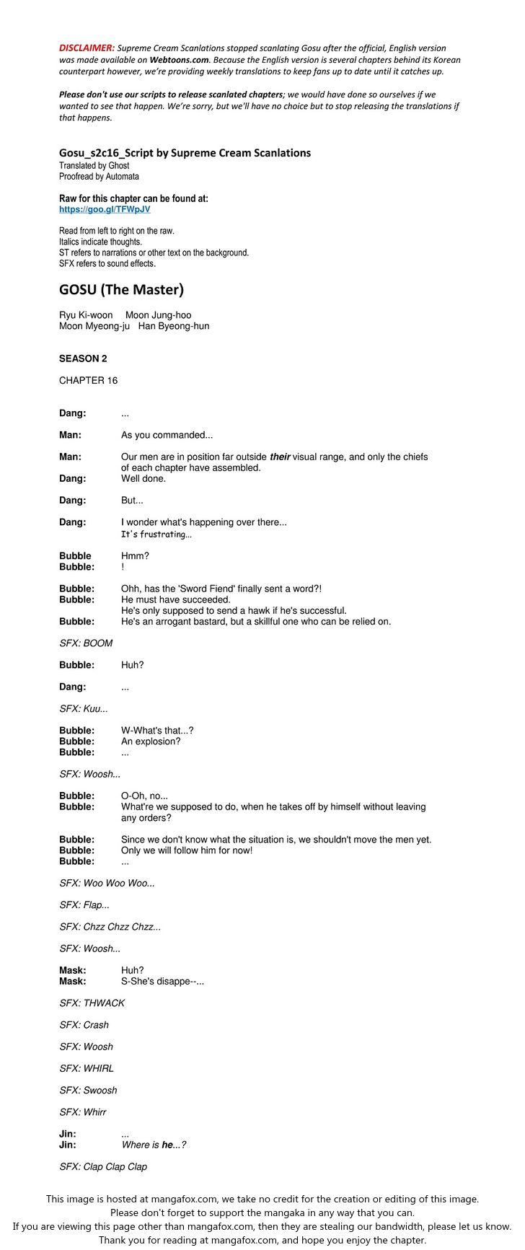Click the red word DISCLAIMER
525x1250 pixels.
87,48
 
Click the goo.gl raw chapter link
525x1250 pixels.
105,209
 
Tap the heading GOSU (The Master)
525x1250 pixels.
121,290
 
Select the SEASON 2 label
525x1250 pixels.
83,358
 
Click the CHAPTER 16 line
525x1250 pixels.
88,380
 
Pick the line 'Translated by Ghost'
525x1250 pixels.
94,165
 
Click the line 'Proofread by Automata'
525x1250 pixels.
99,176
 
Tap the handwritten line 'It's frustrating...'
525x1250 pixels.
156,534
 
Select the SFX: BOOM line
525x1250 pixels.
86,643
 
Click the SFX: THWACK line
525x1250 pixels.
92,1003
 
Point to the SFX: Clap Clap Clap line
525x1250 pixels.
103,1166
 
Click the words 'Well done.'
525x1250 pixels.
143,479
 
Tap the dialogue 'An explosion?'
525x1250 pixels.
151,741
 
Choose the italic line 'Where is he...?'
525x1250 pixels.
154,1145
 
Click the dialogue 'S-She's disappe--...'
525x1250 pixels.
162,981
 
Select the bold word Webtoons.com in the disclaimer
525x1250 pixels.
179,60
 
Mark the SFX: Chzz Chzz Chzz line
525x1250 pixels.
110,927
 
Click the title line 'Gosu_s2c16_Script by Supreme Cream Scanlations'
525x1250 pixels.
185,153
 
